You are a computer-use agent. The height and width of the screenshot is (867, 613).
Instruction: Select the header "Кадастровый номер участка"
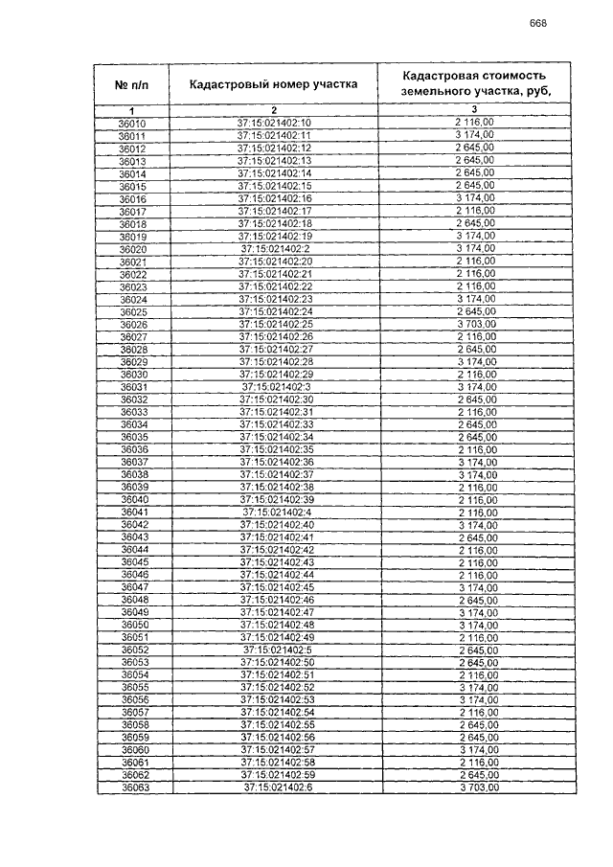[x=274, y=84]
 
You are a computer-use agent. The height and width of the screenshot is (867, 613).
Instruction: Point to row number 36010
[x=132, y=124]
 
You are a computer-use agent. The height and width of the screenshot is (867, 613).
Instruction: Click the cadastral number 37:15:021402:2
[x=274, y=249]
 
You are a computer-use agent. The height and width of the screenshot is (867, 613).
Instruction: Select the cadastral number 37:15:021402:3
[x=274, y=386]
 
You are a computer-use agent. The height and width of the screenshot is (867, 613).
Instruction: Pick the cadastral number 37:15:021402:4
[x=274, y=513]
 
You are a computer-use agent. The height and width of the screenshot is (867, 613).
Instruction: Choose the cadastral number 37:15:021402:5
[x=274, y=650]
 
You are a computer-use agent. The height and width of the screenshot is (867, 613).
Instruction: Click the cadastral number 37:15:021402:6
[x=274, y=787]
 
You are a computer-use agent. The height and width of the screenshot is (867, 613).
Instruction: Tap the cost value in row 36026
[x=475, y=324]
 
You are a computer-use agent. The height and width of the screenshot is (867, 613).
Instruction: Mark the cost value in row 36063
[x=475, y=787]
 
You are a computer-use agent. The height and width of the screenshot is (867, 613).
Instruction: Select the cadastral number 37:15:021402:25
[x=274, y=324]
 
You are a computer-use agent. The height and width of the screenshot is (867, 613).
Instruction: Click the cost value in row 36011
[x=475, y=136]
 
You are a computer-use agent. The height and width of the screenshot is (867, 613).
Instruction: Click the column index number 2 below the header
[x=273, y=111]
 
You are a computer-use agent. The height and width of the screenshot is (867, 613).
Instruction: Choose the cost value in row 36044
[x=475, y=550]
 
